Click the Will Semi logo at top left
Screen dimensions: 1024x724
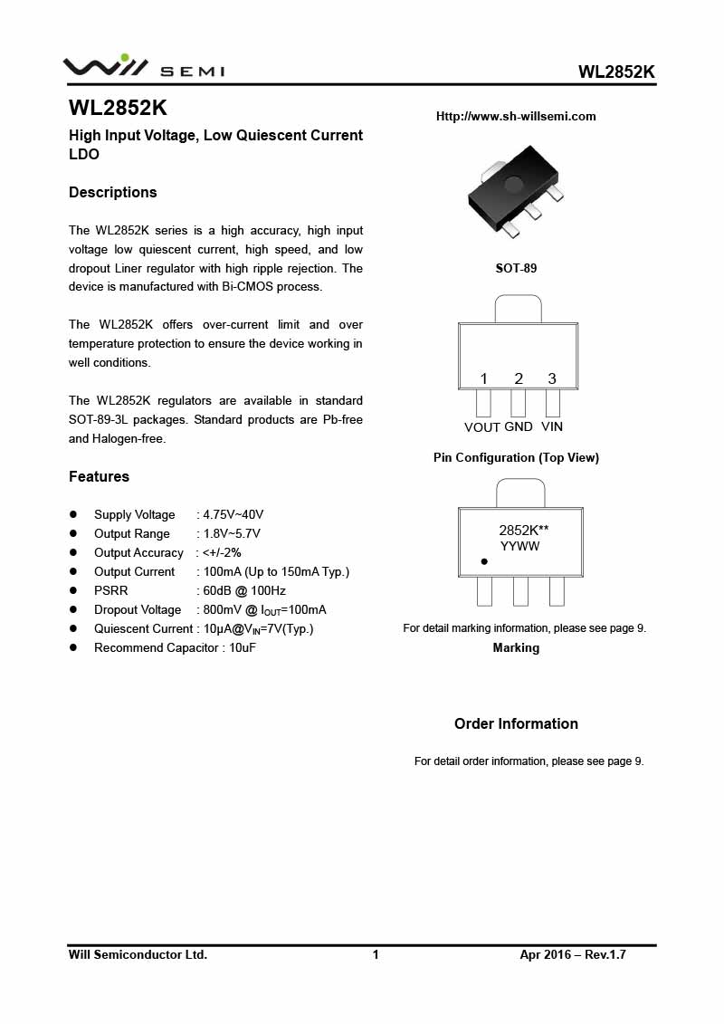click(143, 66)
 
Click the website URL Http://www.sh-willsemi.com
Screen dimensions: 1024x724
click(516, 116)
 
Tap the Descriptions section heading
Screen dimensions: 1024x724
click(113, 192)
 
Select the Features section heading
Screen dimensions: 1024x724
click(100, 476)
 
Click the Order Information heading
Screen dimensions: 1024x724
click(516, 723)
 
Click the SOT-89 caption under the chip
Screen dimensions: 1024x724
click(516, 268)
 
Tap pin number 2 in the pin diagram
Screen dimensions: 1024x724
click(519, 378)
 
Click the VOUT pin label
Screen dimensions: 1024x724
click(482, 427)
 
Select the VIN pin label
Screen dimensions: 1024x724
click(552, 426)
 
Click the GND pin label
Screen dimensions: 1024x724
click(519, 426)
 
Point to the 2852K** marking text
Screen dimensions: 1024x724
click(524, 531)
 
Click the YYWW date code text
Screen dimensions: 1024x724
click(520, 547)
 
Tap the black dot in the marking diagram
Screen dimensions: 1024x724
click(484, 561)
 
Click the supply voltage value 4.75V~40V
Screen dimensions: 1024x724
click(233, 514)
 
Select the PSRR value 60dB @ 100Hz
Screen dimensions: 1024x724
click(244, 590)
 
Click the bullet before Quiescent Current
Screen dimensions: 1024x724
click(74, 628)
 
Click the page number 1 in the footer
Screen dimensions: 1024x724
click(376, 954)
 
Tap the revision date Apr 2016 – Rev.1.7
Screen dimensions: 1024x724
click(573, 954)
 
